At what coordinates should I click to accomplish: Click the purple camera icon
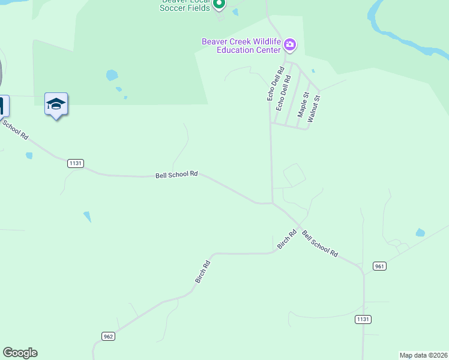pos(290,44)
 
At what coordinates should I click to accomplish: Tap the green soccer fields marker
pos(219,5)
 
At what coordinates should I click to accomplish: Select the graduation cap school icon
pos(56,104)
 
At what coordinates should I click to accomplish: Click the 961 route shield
pos(379,266)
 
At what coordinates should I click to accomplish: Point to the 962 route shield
pos(108,336)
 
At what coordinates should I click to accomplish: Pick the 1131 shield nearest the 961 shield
pos(362,319)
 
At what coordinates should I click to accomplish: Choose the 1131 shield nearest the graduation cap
pos(76,163)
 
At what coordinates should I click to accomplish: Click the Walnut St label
pos(314,109)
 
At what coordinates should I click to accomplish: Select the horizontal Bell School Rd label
pos(176,175)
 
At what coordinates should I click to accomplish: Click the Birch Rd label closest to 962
pos(202,271)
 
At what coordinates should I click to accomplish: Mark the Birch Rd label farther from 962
pos(287,239)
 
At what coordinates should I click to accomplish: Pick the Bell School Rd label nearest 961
pos(320,244)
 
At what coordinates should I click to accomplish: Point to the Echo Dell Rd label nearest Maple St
pos(283,92)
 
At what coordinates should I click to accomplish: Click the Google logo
pos(20,353)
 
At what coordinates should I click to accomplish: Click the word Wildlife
pos(267,42)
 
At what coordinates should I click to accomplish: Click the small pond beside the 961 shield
pos(420,232)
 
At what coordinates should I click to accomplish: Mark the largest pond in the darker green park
pos(112,75)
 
